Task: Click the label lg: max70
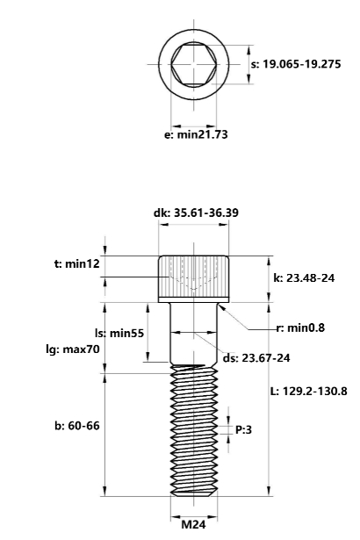point(76,349)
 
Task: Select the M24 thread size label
point(194,525)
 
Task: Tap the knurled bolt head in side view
point(194,277)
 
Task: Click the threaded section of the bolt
point(194,430)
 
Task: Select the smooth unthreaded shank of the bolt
point(194,338)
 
